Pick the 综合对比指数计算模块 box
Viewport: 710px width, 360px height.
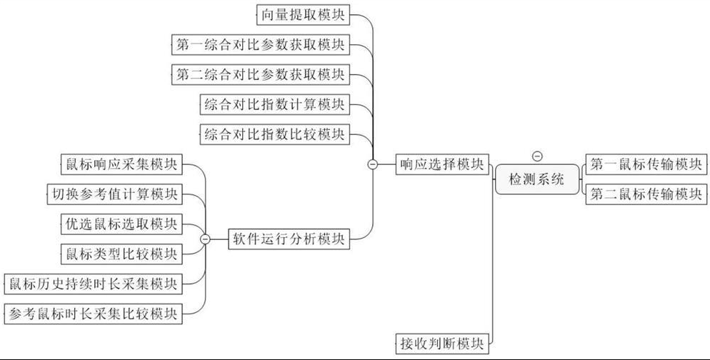275,104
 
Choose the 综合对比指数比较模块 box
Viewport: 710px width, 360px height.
275,134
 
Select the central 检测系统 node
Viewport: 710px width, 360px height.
536,179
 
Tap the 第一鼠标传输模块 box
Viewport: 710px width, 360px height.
645,164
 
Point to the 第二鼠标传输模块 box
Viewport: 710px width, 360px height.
645,194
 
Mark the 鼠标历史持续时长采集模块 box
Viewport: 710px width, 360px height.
92,284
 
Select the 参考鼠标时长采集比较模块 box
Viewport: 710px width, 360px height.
92,313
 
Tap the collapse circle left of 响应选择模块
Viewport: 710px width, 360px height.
372,164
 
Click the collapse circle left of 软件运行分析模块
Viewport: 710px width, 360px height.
205,239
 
